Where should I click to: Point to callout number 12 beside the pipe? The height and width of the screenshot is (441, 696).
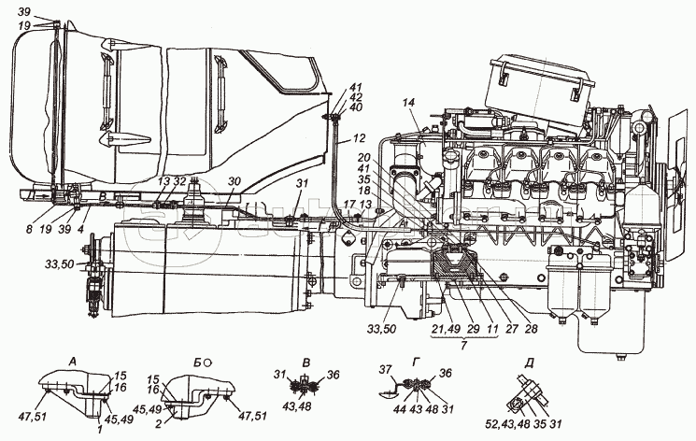pyautogui.click(x=360, y=140)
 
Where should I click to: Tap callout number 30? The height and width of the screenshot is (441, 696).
pyautogui.click(x=234, y=182)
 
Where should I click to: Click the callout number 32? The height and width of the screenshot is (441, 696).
pyautogui.click(x=179, y=182)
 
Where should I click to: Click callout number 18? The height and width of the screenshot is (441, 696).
pyautogui.click(x=363, y=190)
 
